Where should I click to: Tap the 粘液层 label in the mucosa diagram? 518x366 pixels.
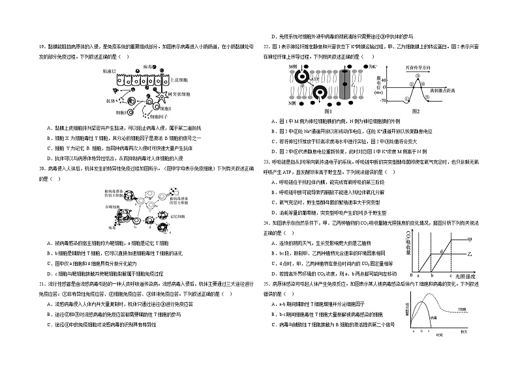pyautogui.click(x=110, y=70)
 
